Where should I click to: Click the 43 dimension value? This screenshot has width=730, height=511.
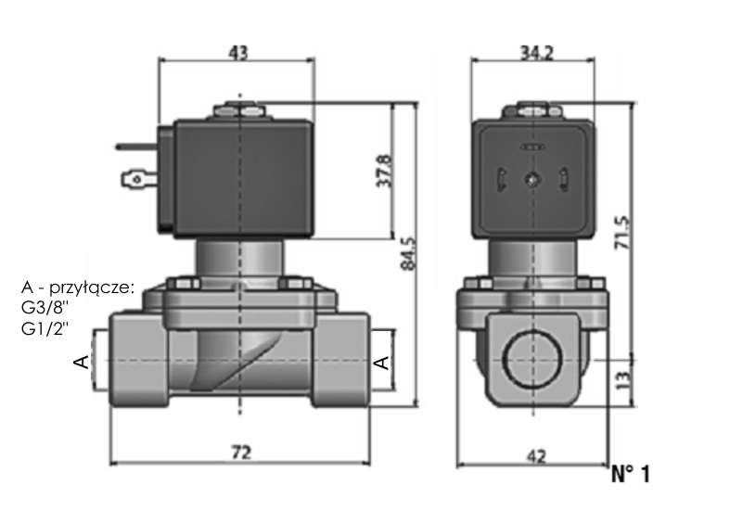238,52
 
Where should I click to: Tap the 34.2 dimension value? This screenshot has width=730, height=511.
536,54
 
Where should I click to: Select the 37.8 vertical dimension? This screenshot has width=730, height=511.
384,171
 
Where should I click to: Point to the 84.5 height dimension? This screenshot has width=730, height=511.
408,253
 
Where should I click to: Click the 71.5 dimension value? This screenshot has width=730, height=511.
622,232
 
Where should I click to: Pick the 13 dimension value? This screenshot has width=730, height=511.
624,379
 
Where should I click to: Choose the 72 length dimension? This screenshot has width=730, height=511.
240,452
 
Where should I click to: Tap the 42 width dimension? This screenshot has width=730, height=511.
536,456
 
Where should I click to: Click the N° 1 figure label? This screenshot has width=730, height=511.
630,474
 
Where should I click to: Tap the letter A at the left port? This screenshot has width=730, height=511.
82,361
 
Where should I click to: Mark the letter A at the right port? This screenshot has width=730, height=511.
382,362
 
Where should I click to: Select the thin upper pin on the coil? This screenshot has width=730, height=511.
137,147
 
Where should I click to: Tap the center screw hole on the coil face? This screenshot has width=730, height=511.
531,179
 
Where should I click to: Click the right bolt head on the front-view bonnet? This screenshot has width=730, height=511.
295,283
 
